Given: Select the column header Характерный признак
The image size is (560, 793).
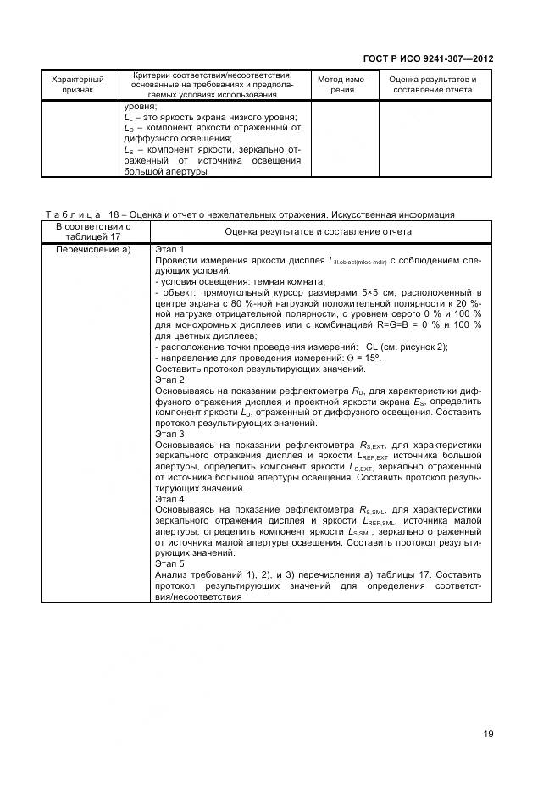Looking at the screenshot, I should [77, 85].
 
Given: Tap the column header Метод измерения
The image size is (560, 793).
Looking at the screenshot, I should [342, 85].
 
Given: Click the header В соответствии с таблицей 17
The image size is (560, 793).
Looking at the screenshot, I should [93, 231].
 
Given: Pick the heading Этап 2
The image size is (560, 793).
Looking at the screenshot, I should [169, 380].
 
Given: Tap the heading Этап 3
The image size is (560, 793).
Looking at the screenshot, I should [169, 433].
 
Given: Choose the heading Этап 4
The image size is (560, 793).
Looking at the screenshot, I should [169, 499].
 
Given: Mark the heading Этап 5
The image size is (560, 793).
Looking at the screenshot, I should [169, 563].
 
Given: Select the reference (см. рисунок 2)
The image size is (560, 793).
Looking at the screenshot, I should [416, 347].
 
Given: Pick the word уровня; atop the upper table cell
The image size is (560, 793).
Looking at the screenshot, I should [139, 107].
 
